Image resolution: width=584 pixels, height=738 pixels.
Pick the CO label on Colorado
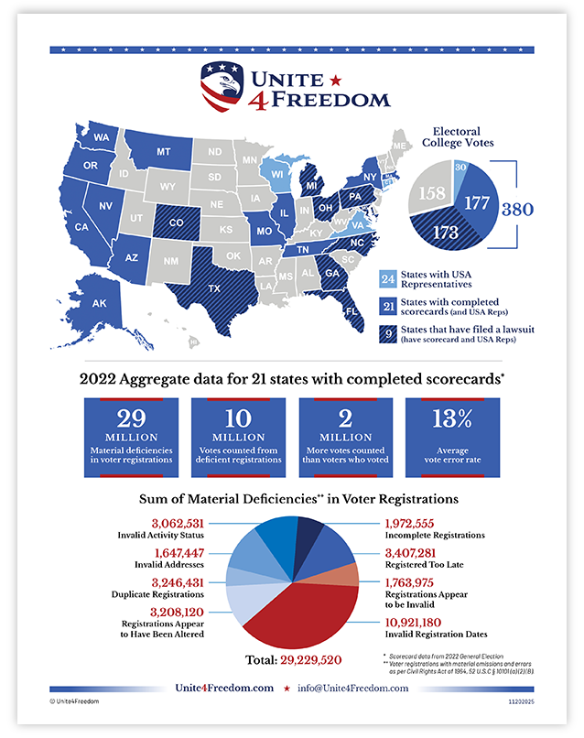(176, 222)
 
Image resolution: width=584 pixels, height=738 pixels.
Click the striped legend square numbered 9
(387, 334)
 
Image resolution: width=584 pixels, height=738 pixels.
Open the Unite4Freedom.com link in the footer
(225, 688)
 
